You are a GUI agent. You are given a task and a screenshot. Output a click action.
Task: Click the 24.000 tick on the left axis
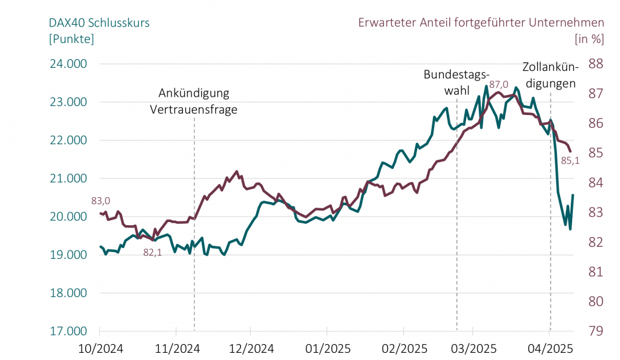68,64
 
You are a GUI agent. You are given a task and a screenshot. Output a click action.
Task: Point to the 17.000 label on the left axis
68,332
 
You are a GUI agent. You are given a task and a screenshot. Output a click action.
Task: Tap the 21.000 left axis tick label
68,178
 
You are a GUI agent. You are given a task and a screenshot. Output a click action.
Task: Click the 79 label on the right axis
596,332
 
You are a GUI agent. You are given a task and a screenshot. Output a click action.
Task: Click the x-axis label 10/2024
100,349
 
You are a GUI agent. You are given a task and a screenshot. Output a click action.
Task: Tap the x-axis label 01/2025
326,349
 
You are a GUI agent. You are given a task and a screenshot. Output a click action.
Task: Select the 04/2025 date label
549,349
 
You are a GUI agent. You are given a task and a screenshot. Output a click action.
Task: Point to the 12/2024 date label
251,349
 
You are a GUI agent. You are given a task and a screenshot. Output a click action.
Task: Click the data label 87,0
499,84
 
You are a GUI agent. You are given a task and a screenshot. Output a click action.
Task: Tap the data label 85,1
571,161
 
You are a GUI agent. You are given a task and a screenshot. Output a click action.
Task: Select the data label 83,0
101,201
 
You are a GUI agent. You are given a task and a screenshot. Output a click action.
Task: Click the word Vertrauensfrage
194,110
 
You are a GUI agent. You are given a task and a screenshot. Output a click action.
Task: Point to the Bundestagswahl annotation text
455,83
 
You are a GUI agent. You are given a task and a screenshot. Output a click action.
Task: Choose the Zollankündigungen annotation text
550,74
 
